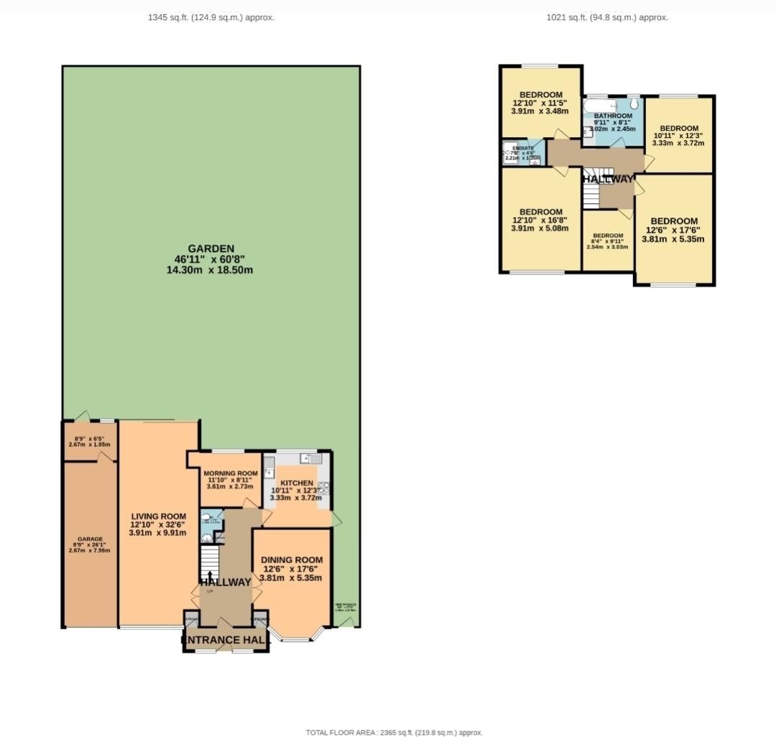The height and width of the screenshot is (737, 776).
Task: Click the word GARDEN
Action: (209, 249)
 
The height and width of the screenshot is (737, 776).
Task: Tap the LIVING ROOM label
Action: (158, 516)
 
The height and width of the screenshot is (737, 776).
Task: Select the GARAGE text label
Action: (91, 539)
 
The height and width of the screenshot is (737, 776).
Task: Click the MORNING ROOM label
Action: (230, 473)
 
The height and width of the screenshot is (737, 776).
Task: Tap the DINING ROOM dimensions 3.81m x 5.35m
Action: (291, 577)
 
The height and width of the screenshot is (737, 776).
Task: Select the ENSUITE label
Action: (523, 148)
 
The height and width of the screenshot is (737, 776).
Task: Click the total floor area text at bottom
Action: (394, 732)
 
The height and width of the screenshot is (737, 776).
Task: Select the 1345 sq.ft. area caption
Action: (211, 17)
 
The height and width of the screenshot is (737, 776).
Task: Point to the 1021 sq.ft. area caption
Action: (607, 17)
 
